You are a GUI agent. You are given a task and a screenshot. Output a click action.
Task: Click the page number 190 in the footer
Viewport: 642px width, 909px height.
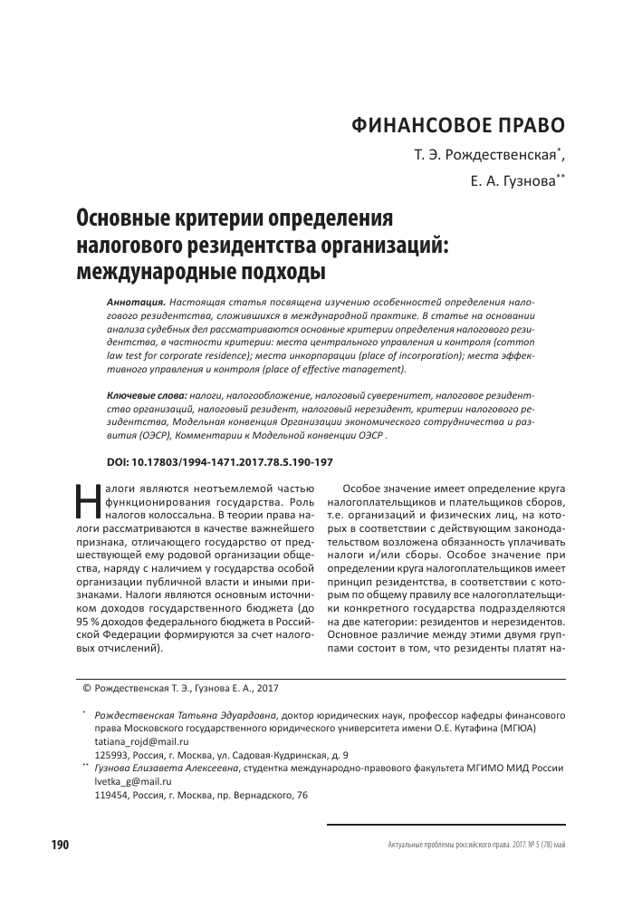click(x=61, y=846)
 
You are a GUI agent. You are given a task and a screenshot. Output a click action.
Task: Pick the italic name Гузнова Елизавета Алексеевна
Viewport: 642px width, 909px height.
click(x=167, y=768)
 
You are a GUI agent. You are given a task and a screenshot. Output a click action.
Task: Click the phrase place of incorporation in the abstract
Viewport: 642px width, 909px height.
click(x=321, y=357)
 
